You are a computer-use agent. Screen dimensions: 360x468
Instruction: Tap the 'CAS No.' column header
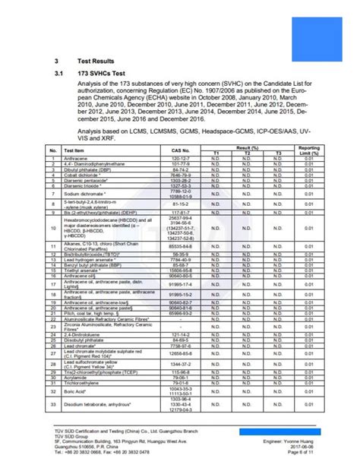180,150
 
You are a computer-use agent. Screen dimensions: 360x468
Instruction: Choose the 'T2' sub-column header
247,153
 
